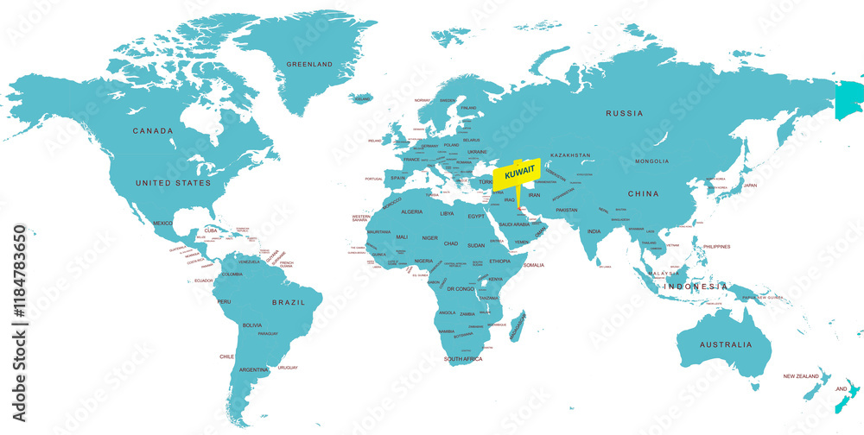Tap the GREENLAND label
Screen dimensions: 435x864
click(310, 65)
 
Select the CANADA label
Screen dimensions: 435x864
click(152, 131)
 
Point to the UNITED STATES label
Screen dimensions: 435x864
click(173, 183)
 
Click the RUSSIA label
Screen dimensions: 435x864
click(625, 113)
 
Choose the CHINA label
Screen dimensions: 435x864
click(643, 193)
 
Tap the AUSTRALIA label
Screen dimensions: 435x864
click(726, 344)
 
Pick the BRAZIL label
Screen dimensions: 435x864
click(289, 302)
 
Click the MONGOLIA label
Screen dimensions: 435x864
click(651, 161)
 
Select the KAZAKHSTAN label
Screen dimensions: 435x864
click(570, 155)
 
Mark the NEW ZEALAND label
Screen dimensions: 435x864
click(802, 376)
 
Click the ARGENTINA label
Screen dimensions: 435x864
click(254, 369)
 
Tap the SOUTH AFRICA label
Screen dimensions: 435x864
click(464, 358)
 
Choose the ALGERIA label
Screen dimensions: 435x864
click(412, 211)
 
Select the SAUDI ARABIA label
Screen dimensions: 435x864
click(514, 224)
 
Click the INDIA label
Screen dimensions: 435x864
click(594, 231)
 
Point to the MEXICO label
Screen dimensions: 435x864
click(163, 223)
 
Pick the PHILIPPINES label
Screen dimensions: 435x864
click(716, 247)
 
